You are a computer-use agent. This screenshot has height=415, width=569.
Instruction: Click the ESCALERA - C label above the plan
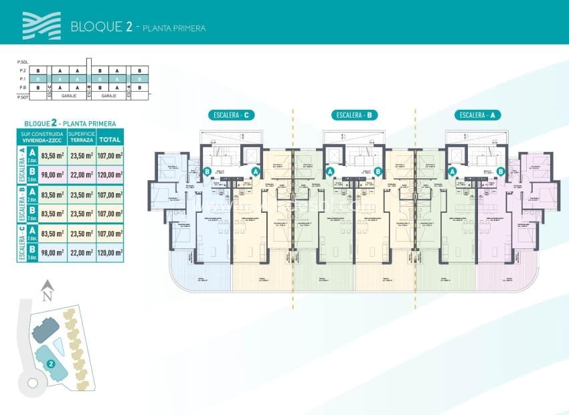point(230,115)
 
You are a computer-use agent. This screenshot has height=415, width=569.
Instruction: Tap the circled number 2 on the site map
point(51,364)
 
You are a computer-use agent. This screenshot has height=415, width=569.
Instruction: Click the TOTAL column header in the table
point(110,140)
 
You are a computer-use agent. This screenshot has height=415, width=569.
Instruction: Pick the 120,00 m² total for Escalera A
point(110,175)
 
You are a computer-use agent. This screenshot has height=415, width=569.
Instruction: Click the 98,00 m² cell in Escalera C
point(50,252)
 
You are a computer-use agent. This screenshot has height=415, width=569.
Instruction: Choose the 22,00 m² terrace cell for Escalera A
point(82,175)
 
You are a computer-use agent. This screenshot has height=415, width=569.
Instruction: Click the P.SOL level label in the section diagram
point(22,62)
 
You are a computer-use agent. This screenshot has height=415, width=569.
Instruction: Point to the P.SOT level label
point(22,96)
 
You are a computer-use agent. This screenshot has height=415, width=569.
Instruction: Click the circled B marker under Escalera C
point(207,171)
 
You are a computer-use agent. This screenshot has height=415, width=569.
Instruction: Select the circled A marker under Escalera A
point(452,171)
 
